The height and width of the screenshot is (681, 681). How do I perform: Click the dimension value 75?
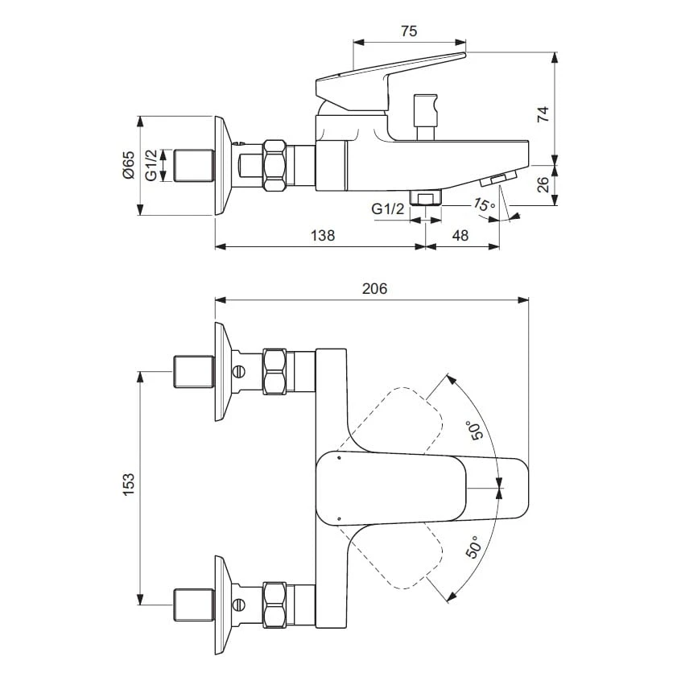click(409, 31)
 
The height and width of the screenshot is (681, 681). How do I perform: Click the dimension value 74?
click(543, 113)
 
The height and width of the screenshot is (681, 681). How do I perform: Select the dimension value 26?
click(543, 185)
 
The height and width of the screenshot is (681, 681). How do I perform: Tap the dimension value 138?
click(322, 235)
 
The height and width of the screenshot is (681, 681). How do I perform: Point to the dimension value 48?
click(460, 235)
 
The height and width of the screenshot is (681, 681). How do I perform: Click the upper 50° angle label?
click(475, 431)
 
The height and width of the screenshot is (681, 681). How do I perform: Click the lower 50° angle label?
click(473, 548)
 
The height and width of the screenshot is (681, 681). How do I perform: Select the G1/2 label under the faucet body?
click(388, 209)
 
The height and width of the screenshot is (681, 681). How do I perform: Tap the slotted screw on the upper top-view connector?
click(238, 371)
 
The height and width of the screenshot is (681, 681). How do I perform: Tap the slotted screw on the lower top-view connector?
click(238, 605)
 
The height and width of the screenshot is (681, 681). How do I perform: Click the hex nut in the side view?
click(274, 165)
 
